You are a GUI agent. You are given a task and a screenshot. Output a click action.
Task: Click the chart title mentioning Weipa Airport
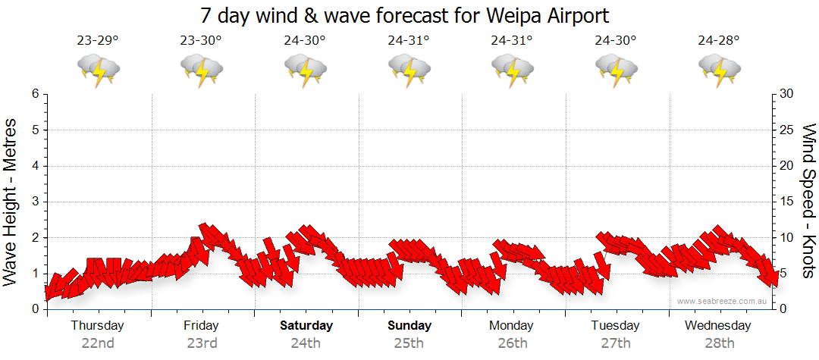405,15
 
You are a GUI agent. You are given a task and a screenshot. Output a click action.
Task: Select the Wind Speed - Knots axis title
808,201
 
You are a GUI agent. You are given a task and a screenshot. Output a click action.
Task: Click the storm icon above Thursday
98,70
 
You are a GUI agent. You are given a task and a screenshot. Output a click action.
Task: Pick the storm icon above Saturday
306,70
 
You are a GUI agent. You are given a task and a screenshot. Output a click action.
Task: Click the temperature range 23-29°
98,40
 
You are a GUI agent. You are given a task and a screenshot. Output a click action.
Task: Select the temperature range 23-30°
201,40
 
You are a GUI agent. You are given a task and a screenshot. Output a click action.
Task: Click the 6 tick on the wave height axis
34,94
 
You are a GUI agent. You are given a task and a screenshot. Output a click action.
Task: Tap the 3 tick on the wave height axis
34,202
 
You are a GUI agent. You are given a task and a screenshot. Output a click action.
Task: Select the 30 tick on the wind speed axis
788,94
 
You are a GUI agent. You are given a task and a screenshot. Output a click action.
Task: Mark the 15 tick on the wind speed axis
788,202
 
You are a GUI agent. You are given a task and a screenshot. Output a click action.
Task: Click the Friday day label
201,326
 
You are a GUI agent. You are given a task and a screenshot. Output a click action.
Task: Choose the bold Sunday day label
409,326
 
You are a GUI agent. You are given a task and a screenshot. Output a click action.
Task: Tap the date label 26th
513,343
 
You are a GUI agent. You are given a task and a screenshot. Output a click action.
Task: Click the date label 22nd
98,343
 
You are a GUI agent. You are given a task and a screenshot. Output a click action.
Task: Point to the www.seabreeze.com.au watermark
723,301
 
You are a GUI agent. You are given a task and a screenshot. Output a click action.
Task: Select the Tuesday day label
615,326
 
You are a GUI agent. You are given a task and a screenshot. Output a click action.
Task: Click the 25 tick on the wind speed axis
788,130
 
